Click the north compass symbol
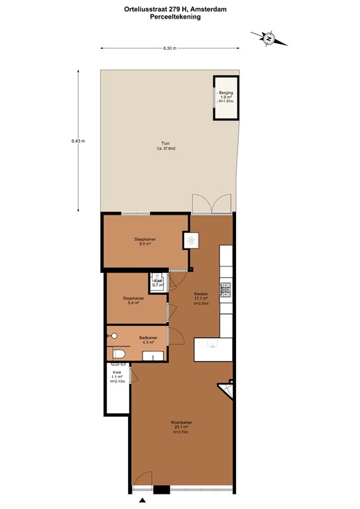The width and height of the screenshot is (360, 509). coord(269,39)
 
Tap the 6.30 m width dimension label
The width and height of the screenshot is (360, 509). coord(170,48)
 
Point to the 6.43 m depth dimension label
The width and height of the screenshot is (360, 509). coord(78,141)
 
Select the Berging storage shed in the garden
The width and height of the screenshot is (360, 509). coord(225,98)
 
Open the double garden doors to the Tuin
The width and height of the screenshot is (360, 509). coord(211,204)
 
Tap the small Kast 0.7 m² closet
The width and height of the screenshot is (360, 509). coord(158,282)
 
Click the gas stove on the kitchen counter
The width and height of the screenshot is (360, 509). coord(225,290)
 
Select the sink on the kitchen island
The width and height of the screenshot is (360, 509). coord(213,343)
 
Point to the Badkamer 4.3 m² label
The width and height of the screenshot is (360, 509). coord(148,340)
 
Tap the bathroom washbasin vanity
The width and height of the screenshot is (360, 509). coord(153,357)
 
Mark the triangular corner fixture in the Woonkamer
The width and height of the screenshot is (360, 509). coord(228,390)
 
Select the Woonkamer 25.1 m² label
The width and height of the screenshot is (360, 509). coord(181,427)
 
